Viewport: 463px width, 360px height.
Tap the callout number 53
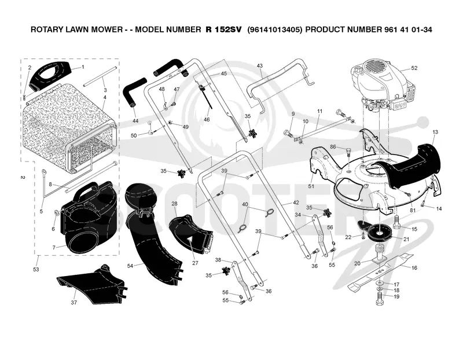point(36,269)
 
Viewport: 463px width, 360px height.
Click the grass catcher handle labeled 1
point(50,76)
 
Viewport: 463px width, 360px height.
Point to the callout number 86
point(333,147)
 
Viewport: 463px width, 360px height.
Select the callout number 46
point(207,120)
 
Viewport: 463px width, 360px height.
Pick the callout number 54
point(130,266)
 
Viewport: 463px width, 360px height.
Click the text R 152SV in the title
point(223,30)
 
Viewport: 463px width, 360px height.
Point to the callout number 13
point(435,132)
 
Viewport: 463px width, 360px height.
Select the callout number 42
point(296,203)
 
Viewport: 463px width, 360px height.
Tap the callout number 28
point(174,204)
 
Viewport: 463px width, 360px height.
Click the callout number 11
point(320,111)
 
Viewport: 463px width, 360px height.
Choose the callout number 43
point(259,65)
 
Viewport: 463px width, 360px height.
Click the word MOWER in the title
point(108,30)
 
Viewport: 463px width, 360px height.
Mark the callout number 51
point(311,186)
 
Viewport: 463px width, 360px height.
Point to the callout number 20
point(357,263)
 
